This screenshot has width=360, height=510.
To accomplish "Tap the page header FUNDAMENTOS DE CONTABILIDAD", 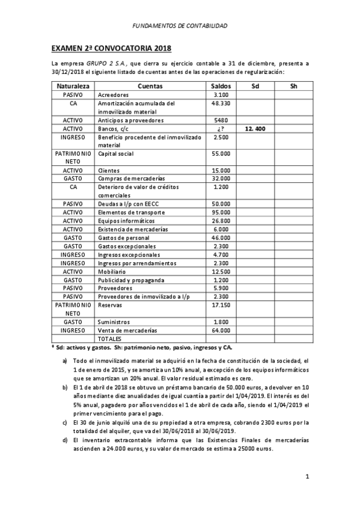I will click(180, 26).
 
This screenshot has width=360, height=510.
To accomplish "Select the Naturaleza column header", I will click(72, 87).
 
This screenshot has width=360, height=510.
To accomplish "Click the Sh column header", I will click(293, 87).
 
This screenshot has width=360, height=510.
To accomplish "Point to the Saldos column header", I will click(221, 87).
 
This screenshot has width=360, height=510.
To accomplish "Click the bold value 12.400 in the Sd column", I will click(256, 129).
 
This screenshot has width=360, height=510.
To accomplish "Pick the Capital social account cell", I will click(115, 154).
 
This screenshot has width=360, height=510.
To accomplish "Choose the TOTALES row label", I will click(110, 339).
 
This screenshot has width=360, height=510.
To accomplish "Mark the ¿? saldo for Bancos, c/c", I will click(221, 129).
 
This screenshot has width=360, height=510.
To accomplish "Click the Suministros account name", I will click(114, 322).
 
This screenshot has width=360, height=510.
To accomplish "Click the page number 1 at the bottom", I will click(307, 477).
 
